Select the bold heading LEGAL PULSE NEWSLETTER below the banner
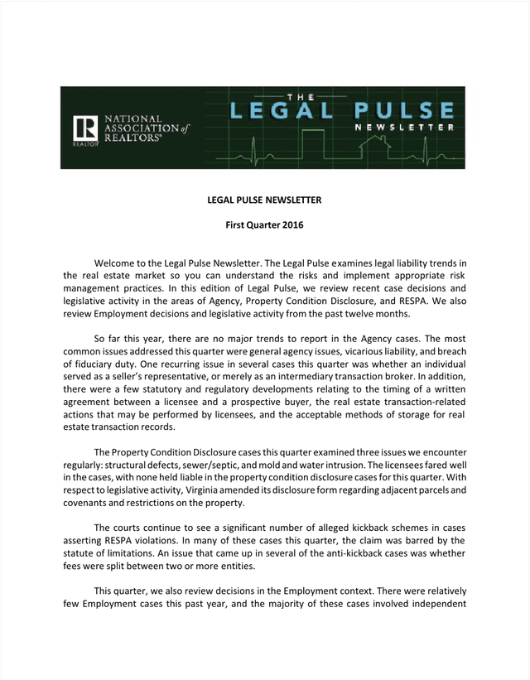264,200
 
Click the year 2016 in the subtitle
292,224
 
